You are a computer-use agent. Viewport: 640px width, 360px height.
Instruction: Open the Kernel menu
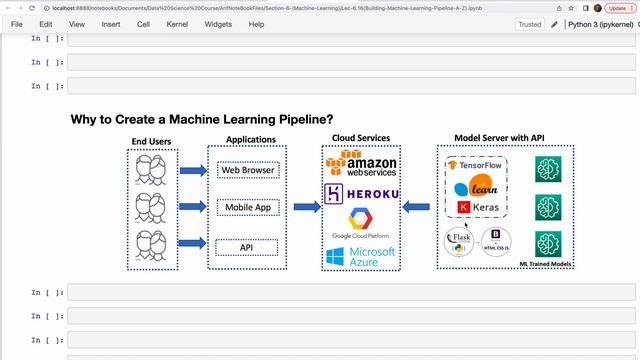point(178,24)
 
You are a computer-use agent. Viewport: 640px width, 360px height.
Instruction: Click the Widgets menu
point(218,24)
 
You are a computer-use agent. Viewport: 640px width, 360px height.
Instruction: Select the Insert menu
point(110,24)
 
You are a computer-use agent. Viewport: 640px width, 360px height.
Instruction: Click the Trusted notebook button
point(530,24)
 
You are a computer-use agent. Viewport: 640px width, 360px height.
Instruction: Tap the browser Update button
point(616,7)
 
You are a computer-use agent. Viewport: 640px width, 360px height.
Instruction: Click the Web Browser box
point(247,170)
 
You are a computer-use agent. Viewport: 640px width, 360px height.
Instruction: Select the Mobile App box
point(247,208)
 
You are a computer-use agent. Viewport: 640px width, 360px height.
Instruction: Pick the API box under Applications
point(247,246)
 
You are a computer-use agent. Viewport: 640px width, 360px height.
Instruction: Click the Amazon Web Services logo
point(360,164)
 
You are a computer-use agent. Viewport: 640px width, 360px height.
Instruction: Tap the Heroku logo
point(362,192)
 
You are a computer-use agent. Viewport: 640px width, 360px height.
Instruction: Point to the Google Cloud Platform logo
point(361,224)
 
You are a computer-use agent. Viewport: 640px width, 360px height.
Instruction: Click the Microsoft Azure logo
point(361,257)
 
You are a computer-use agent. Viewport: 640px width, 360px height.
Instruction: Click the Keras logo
point(477,207)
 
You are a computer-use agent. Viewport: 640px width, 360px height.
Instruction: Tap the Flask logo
point(459,241)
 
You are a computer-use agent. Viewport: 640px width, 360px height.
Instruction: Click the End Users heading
point(153,140)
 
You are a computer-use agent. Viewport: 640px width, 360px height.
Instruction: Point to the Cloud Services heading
point(361,138)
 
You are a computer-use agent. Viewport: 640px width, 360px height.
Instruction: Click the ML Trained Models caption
point(545,263)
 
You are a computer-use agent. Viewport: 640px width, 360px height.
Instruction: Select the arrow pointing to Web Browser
point(193,171)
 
